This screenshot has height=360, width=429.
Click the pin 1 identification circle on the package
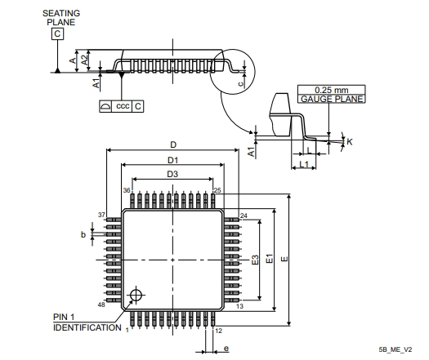coord(136,295)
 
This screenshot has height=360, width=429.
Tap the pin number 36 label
coord(127,190)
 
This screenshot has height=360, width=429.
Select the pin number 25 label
coord(217,190)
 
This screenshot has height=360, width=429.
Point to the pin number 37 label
coord(101,215)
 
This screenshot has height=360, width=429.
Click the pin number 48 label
coord(101,304)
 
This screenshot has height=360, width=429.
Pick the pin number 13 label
coord(239,306)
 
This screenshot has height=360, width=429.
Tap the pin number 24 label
coord(244,216)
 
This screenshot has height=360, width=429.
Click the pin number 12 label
coord(219,331)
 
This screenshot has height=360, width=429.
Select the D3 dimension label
coord(172,174)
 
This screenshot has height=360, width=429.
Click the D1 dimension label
coord(172,160)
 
